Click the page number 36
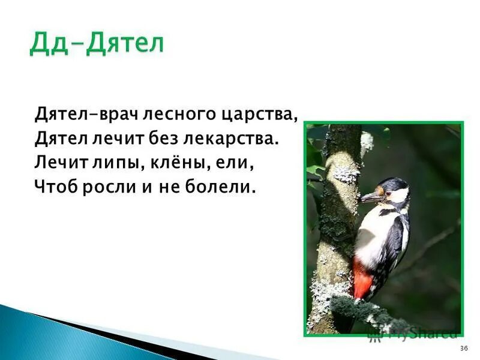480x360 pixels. [x=463, y=349]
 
